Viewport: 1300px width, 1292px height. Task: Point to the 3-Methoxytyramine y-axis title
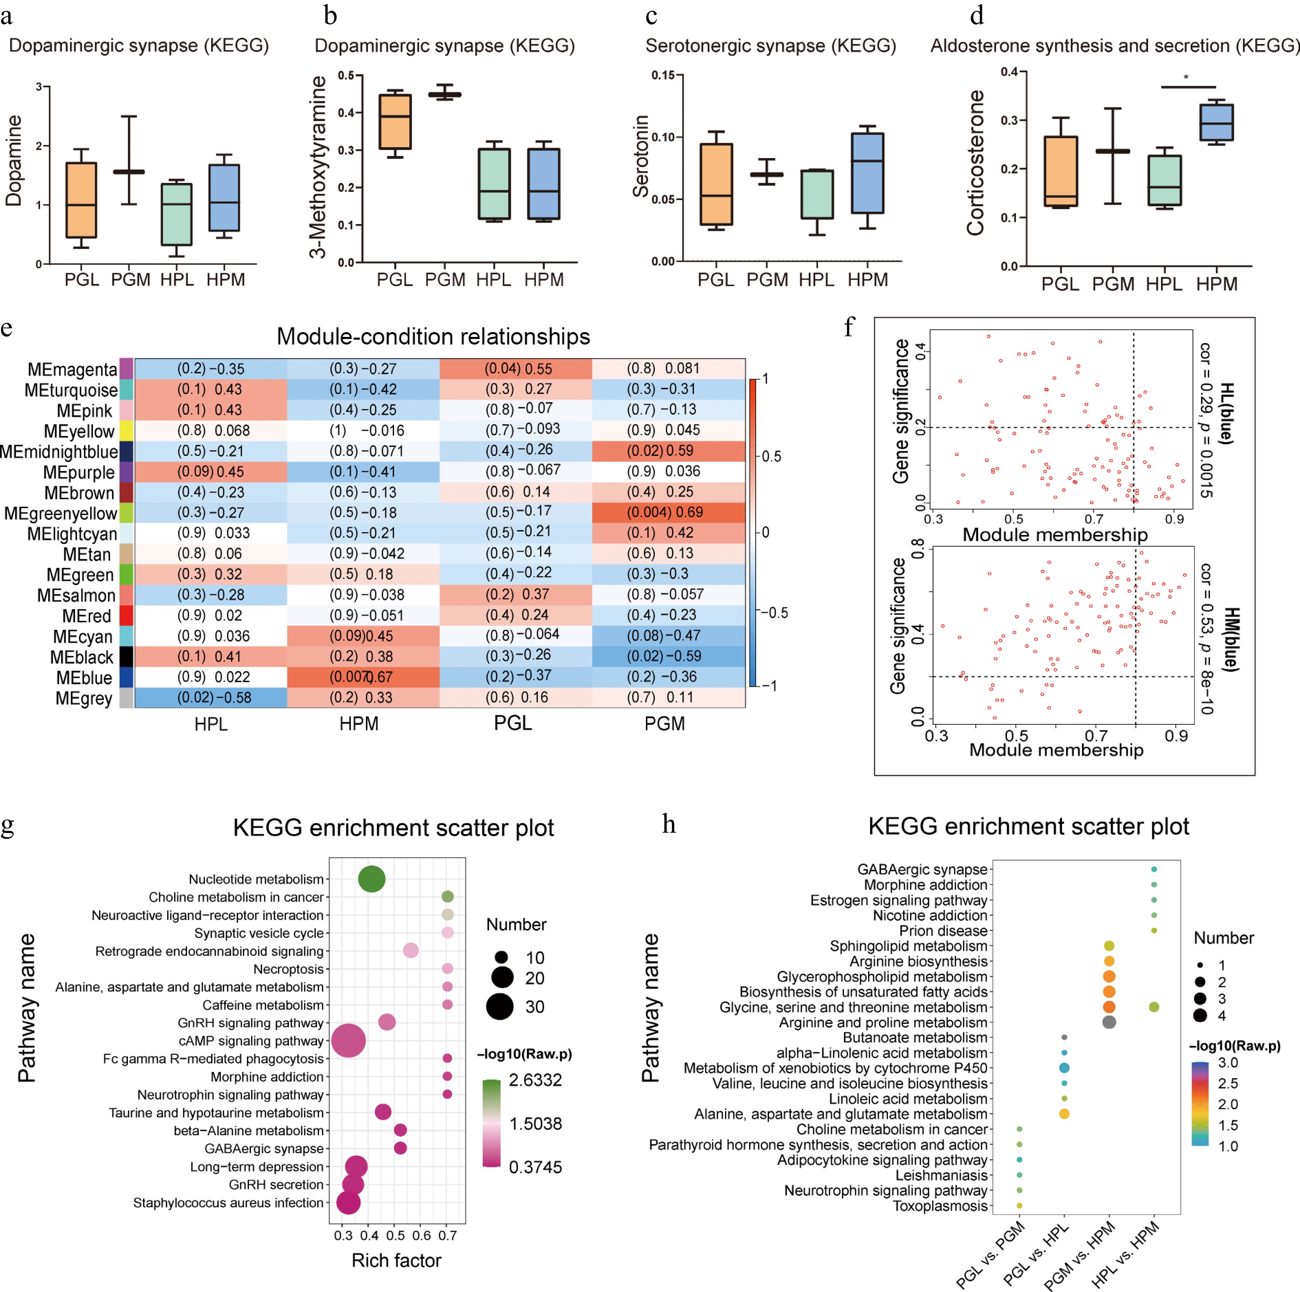pyautogui.click(x=317, y=167)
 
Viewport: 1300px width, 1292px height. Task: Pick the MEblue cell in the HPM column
pyautogui.click(x=364, y=677)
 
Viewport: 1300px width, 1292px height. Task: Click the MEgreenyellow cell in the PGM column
pyautogui.click(x=668, y=513)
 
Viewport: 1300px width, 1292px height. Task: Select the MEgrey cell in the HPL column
pyautogui.click(x=210, y=698)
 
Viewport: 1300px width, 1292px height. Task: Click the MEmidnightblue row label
pyautogui.click(x=59, y=451)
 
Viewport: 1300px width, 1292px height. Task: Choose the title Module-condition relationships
pyautogui.click(x=433, y=336)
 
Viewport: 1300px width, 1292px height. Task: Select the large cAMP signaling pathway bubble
pyautogui.click(x=348, y=1040)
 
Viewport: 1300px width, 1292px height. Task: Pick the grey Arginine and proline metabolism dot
pyautogui.click(x=1109, y=1022)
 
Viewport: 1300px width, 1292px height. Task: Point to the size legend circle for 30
pyautogui.click(x=500, y=1006)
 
